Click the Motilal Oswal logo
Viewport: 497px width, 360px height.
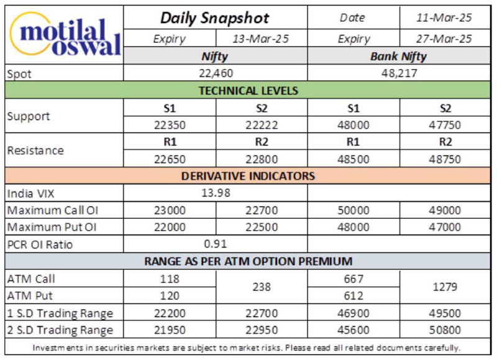[x=65, y=35]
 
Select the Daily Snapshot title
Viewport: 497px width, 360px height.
[x=215, y=18]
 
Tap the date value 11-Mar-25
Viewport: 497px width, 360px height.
[x=444, y=18]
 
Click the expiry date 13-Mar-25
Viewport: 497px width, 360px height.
[x=261, y=39]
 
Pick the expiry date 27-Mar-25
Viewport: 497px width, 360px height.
[x=444, y=39]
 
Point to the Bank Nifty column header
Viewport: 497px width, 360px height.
[x=398, y=57]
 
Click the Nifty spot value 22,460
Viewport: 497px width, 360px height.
[x=216, y=73]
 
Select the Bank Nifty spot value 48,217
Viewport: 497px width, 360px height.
[x=399, y=73]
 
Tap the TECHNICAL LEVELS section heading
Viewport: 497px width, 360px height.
[x=248, y=91]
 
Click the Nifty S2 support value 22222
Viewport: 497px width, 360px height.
[x=262, y=125]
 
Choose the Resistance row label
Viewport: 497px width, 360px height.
[x=35, y=150]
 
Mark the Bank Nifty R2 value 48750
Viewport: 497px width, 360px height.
[x=445, y=159]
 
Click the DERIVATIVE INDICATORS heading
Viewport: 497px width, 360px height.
[x=248, y=176]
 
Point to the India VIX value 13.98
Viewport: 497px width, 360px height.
[x=216, y=193]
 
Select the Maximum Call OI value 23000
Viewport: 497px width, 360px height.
[x=170, y=210]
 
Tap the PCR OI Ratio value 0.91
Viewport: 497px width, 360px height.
[x=216, y=244]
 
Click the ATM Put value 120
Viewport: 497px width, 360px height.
[x=170, y=295]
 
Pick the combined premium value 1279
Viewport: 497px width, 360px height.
[x=445, y=287]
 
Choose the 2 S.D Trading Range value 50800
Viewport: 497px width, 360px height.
[x=445, y=330]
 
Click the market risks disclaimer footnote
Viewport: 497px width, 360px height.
[x=246, y=348]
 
